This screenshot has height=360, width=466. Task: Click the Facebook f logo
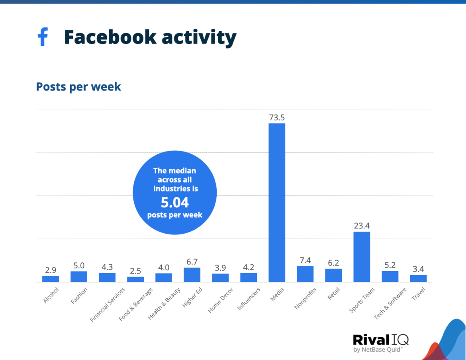click(43, 37)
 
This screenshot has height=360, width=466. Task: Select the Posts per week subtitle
click(78, 87)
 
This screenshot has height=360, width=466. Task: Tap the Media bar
click(277, 203)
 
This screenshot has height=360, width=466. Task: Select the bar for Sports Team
click(362, 257)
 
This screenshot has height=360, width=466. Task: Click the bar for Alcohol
click(51, 279)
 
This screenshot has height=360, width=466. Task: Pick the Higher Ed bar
click(192, 275)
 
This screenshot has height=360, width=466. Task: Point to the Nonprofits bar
click(305, 274)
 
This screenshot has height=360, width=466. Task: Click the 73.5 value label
click(277, 118)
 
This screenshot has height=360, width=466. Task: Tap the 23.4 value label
click(362, 226)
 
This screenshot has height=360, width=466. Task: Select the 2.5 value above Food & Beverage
click(135, 271)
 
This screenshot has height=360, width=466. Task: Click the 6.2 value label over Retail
click(333, 263)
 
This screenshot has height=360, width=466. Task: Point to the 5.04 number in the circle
click(174, 203)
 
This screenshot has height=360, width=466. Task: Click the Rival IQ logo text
click(380, 340)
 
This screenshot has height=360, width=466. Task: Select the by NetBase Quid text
click(378, 350)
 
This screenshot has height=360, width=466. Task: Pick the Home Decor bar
click(220, 277)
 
